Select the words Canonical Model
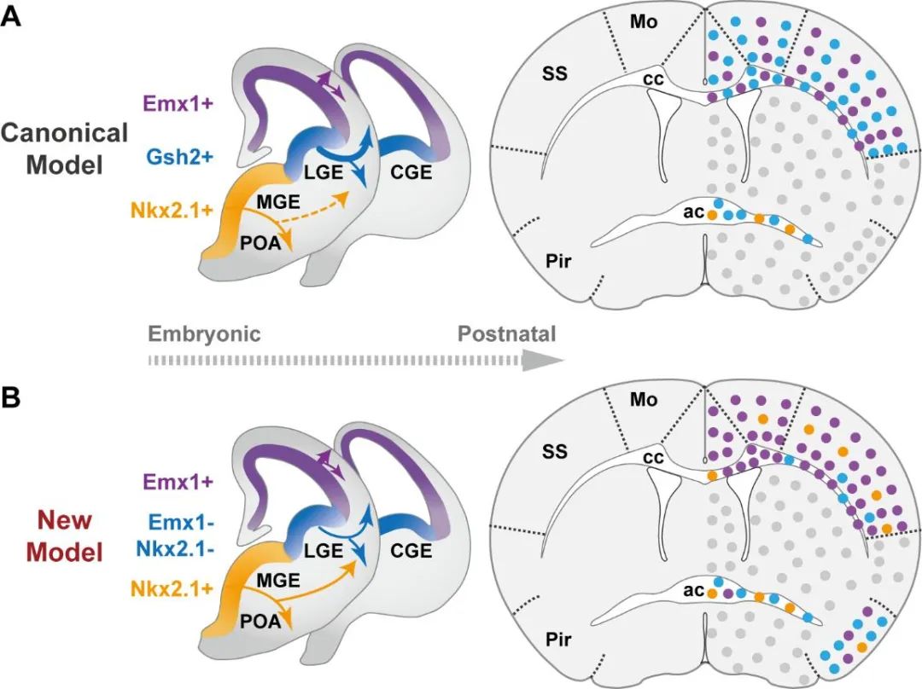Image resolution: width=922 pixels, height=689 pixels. (x=65, y=148)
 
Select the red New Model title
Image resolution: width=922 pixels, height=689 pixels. (x=65, y=535)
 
